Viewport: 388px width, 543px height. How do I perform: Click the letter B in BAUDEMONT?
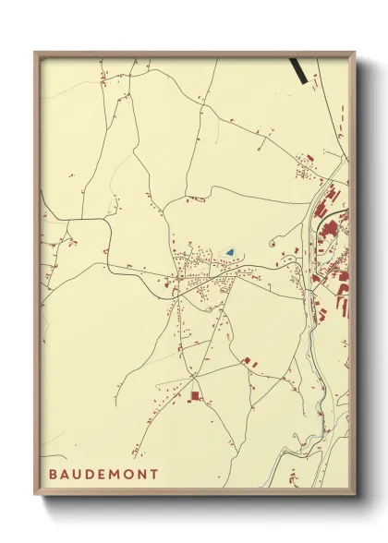(55, 475)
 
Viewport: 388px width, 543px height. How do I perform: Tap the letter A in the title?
(67, 475)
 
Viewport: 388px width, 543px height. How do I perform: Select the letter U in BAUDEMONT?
(81, 475)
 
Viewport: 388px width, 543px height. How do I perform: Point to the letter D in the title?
(94, 475)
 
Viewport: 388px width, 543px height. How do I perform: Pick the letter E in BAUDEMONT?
(106, 475)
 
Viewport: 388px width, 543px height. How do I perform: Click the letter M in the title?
(119, 475)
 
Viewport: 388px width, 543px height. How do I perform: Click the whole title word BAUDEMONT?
(104, 475)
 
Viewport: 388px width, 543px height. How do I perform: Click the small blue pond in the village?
(230, 251)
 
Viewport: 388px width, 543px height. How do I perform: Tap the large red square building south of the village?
(195, 395)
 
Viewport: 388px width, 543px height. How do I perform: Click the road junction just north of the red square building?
(193, 378)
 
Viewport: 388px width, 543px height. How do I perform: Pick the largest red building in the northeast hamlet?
(309, 160)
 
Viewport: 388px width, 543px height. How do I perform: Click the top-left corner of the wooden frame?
(35, 53)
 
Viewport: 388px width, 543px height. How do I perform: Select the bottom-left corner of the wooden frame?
(35, 498)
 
